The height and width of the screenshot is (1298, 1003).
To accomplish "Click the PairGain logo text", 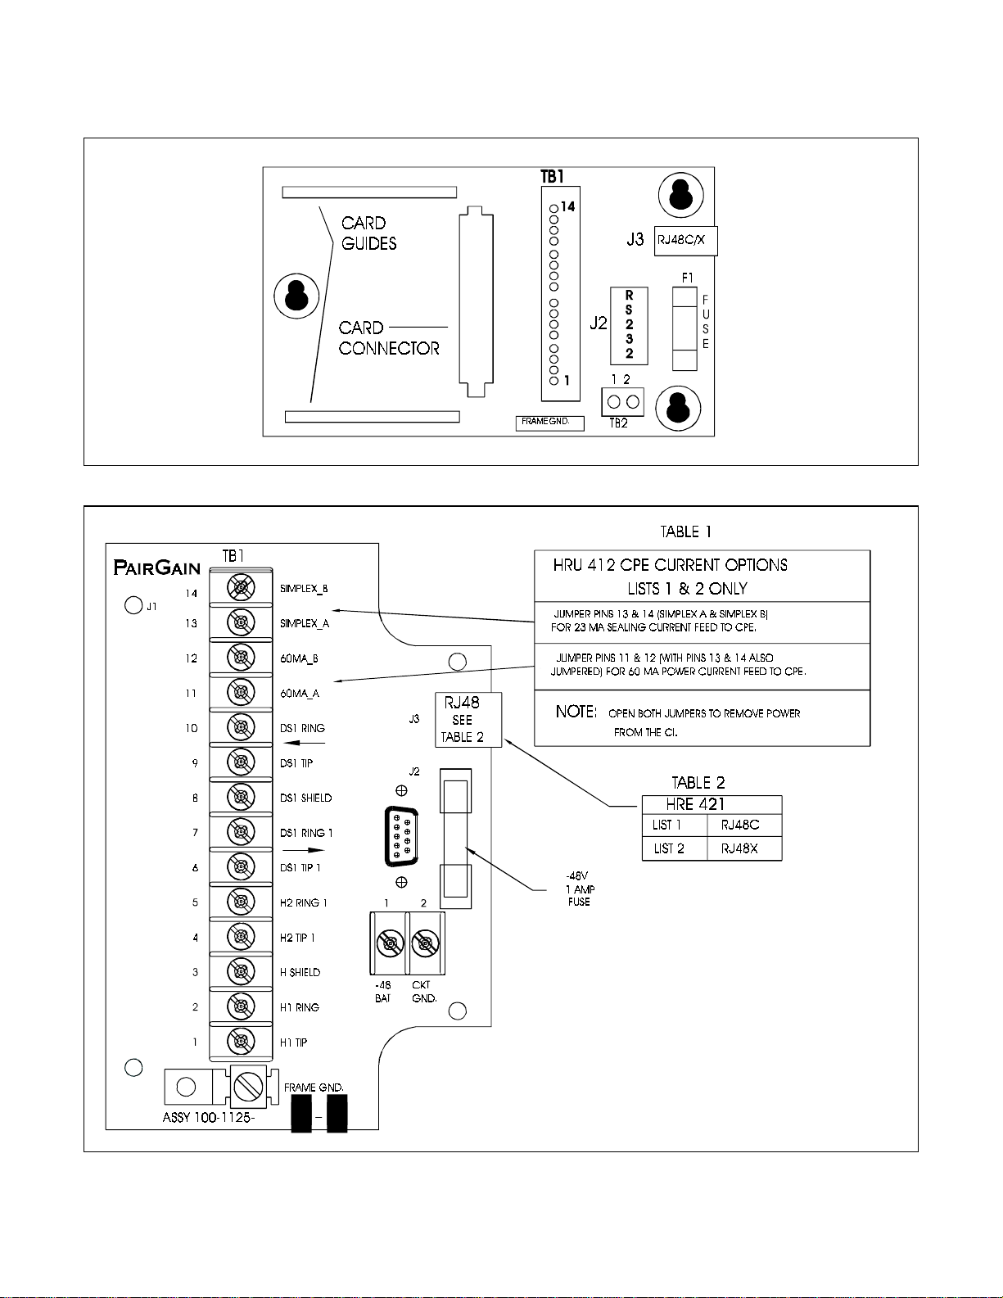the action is click(x=156, y=568).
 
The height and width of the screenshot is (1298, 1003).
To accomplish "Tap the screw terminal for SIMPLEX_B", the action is click(x=242, y=588).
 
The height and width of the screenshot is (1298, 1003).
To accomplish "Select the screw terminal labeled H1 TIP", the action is click(x=242, y=1042).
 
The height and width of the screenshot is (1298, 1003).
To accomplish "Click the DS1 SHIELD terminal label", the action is click(x=305, y=798).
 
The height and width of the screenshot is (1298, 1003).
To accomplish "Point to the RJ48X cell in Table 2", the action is click(x=739, y=848).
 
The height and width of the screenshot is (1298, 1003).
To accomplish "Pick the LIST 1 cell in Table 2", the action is click(x=666, y=825).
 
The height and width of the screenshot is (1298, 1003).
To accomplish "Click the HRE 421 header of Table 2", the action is click(x=695, y=805).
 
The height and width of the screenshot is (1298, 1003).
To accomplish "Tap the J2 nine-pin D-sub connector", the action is click(x=401, y=836).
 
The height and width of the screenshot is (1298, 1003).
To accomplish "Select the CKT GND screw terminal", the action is click(x=425, y=944).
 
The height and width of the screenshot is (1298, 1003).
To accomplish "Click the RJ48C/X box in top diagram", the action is click(x=686, y=241).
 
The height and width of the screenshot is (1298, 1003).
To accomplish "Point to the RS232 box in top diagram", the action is click(x=629, y=326).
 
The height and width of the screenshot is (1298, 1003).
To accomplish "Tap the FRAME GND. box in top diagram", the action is click(x=550, y=423).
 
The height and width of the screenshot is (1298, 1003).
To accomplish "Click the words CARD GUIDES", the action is click(x=369, y=233).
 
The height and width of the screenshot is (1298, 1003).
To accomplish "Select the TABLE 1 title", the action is click(x=685, y=531).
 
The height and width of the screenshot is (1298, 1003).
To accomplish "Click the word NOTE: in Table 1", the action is click(x=576, y=712).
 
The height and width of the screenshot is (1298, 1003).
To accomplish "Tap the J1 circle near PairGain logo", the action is click(x=133, y=605).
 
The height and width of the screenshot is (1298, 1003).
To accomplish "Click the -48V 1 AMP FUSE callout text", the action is click(x=580, y=889).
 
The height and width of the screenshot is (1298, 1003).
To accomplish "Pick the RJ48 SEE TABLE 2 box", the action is click(x=468, y=720).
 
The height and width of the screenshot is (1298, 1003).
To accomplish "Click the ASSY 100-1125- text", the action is click(x=208, y=1117).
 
